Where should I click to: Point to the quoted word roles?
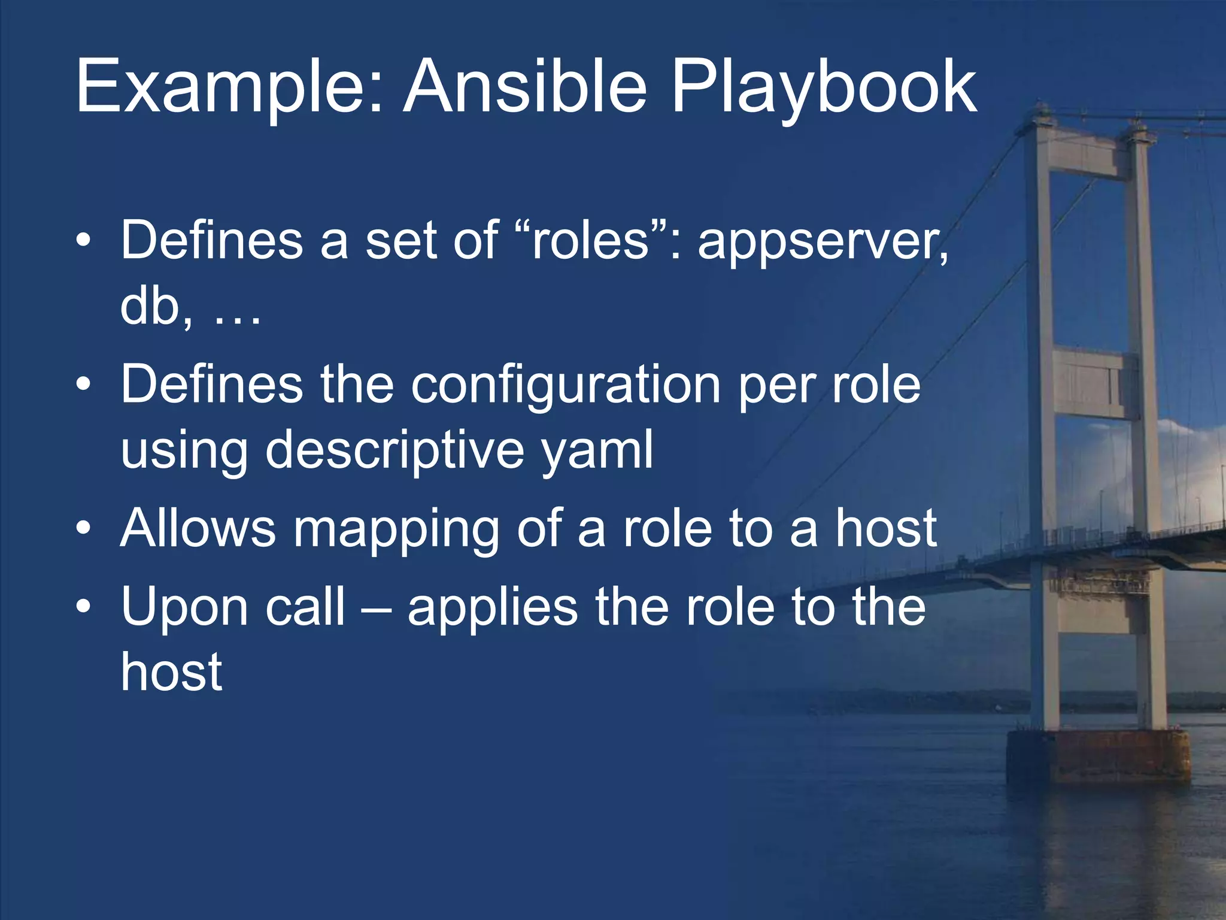(x=590, y=240)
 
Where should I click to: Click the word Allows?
(x=198, y=528)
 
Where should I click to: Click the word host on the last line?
(x=171, y=672)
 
